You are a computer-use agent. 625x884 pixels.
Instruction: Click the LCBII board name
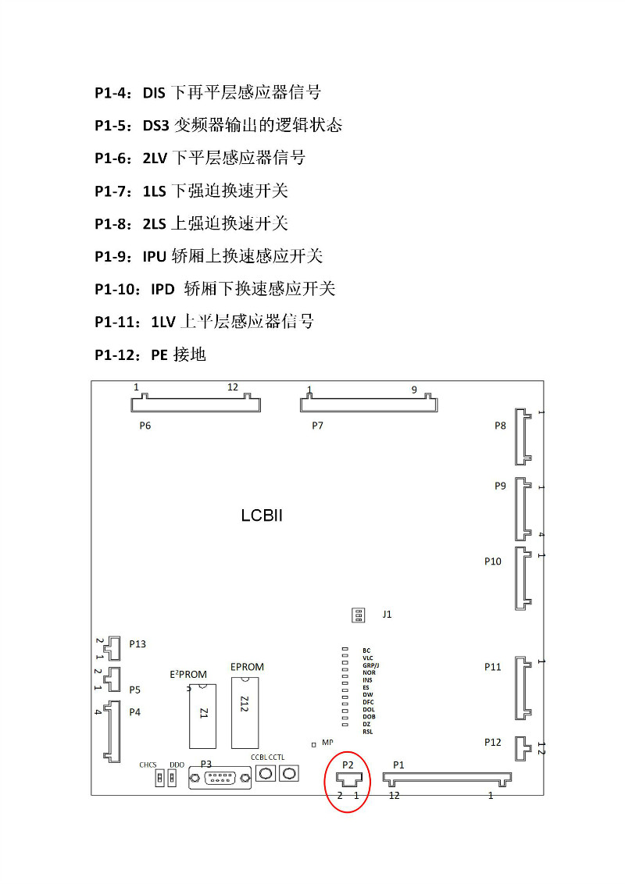261,516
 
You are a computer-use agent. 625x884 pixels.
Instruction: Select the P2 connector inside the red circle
348,779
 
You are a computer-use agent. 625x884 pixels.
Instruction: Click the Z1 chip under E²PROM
203,715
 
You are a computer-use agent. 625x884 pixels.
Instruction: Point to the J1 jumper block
359,615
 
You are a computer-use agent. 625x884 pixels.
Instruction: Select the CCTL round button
290,773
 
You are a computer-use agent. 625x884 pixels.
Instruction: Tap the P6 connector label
145,426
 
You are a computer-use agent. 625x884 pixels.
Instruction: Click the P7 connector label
317,426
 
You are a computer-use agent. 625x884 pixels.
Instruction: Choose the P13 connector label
137,644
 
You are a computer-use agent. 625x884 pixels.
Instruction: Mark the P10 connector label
492,561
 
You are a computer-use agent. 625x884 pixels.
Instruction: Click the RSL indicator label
367,732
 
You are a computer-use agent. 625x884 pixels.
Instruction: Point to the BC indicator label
366,650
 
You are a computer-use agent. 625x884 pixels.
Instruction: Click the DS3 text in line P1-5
155,125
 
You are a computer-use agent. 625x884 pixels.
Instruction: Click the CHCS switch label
148,765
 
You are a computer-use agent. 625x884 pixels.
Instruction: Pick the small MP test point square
314,745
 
